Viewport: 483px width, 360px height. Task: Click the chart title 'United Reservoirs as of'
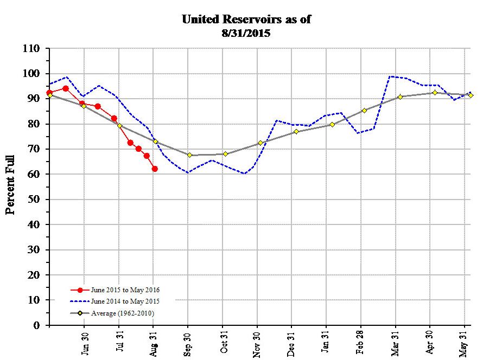246,20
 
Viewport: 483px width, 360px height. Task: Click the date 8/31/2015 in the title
246,33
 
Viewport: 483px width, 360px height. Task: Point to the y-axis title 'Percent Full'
10,185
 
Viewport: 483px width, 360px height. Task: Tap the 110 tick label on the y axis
31,49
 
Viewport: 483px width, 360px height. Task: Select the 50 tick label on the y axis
34,200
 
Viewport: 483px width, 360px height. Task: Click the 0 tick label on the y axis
37,325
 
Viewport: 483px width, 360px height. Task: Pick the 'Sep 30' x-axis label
188,343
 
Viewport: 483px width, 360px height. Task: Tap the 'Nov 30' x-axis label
257,343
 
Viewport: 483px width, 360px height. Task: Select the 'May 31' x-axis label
465,343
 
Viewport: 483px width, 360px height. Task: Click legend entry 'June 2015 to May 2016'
125,290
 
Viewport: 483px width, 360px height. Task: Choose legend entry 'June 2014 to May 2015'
125,301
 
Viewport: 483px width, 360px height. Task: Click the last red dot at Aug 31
155,169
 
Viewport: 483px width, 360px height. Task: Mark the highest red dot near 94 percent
66,88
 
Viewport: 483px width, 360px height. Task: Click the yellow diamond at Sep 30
189,155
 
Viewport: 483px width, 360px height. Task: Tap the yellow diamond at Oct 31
225,154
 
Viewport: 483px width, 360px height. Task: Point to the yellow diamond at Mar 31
400,97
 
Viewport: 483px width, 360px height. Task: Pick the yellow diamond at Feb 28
364,111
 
